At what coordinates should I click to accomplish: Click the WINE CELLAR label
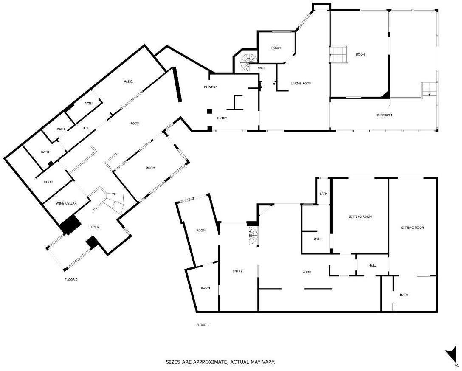click(66, 203)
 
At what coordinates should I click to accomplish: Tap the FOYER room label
click(94, 227)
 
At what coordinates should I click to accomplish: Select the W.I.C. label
click(129, 82)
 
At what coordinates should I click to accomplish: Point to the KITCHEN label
click(211, 87)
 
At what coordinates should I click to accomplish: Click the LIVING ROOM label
click(301, 83)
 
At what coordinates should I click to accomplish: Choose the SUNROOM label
click(384, 115)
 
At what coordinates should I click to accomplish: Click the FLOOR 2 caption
click(71, 279)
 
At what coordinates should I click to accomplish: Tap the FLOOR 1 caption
click(203, 325)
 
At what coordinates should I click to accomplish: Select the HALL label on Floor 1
click(372, 266)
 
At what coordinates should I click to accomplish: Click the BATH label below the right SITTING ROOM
click(404, 295)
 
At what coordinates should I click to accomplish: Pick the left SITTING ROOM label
click(361, 217)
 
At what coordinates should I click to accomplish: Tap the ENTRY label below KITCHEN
click(222, 118)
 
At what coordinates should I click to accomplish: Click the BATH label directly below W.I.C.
click(88, 103)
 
